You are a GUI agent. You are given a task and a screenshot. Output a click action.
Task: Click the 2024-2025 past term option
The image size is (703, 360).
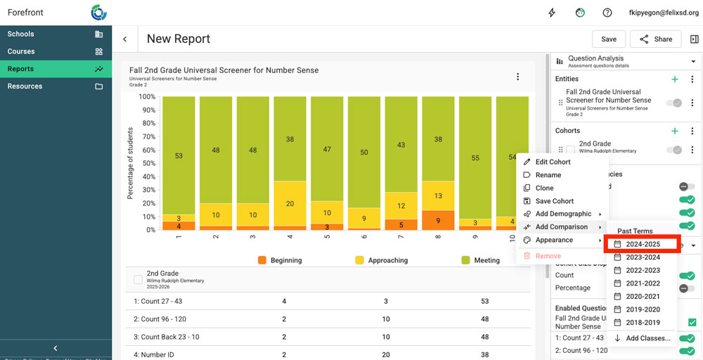coord(643,244)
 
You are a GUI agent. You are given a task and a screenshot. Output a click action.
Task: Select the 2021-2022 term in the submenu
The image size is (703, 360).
coord(643,283)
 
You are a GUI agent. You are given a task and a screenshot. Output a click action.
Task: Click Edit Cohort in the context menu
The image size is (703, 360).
coord(553,162)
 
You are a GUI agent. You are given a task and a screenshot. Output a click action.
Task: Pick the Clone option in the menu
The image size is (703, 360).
coord(544,188)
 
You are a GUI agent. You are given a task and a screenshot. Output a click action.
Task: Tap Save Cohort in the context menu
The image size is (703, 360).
coord(554,201)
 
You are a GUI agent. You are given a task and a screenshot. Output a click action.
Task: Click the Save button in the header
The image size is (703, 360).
coord(609,39)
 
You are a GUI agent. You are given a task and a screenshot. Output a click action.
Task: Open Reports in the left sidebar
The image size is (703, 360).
coord(21,69)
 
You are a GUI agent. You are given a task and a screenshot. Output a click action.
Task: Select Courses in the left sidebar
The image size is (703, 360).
coord(21,51)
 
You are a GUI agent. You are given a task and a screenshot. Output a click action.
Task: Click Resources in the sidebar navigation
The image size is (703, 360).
coord(25,86)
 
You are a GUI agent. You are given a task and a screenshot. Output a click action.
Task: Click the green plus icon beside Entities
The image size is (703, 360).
coord(675,79)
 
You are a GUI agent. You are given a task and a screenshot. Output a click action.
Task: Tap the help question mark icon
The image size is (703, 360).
coord(607,13)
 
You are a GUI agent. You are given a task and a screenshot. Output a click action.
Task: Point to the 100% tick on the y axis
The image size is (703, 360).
coord(147,97)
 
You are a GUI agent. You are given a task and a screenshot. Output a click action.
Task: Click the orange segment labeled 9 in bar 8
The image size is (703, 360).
coord(438,220)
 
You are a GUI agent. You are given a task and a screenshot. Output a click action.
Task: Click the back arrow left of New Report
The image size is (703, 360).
coord(125,39)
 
